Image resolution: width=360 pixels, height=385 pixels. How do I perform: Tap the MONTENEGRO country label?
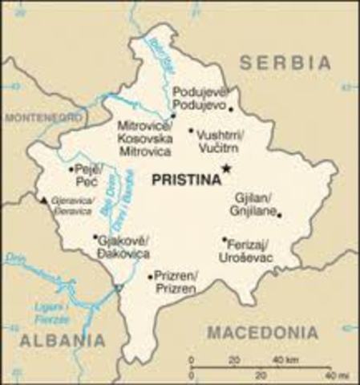(44, 118)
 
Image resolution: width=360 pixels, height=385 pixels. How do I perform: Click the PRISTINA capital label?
(184, 181)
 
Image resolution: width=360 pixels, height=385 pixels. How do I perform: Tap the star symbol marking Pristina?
(227, 168)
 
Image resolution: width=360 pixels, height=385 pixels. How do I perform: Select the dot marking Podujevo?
(230, 108)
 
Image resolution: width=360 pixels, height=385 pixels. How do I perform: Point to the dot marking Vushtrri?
(191, 131)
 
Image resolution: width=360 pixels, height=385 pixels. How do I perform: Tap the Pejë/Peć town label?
(87, 175)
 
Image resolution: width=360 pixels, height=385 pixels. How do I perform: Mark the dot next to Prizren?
(151, 277)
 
